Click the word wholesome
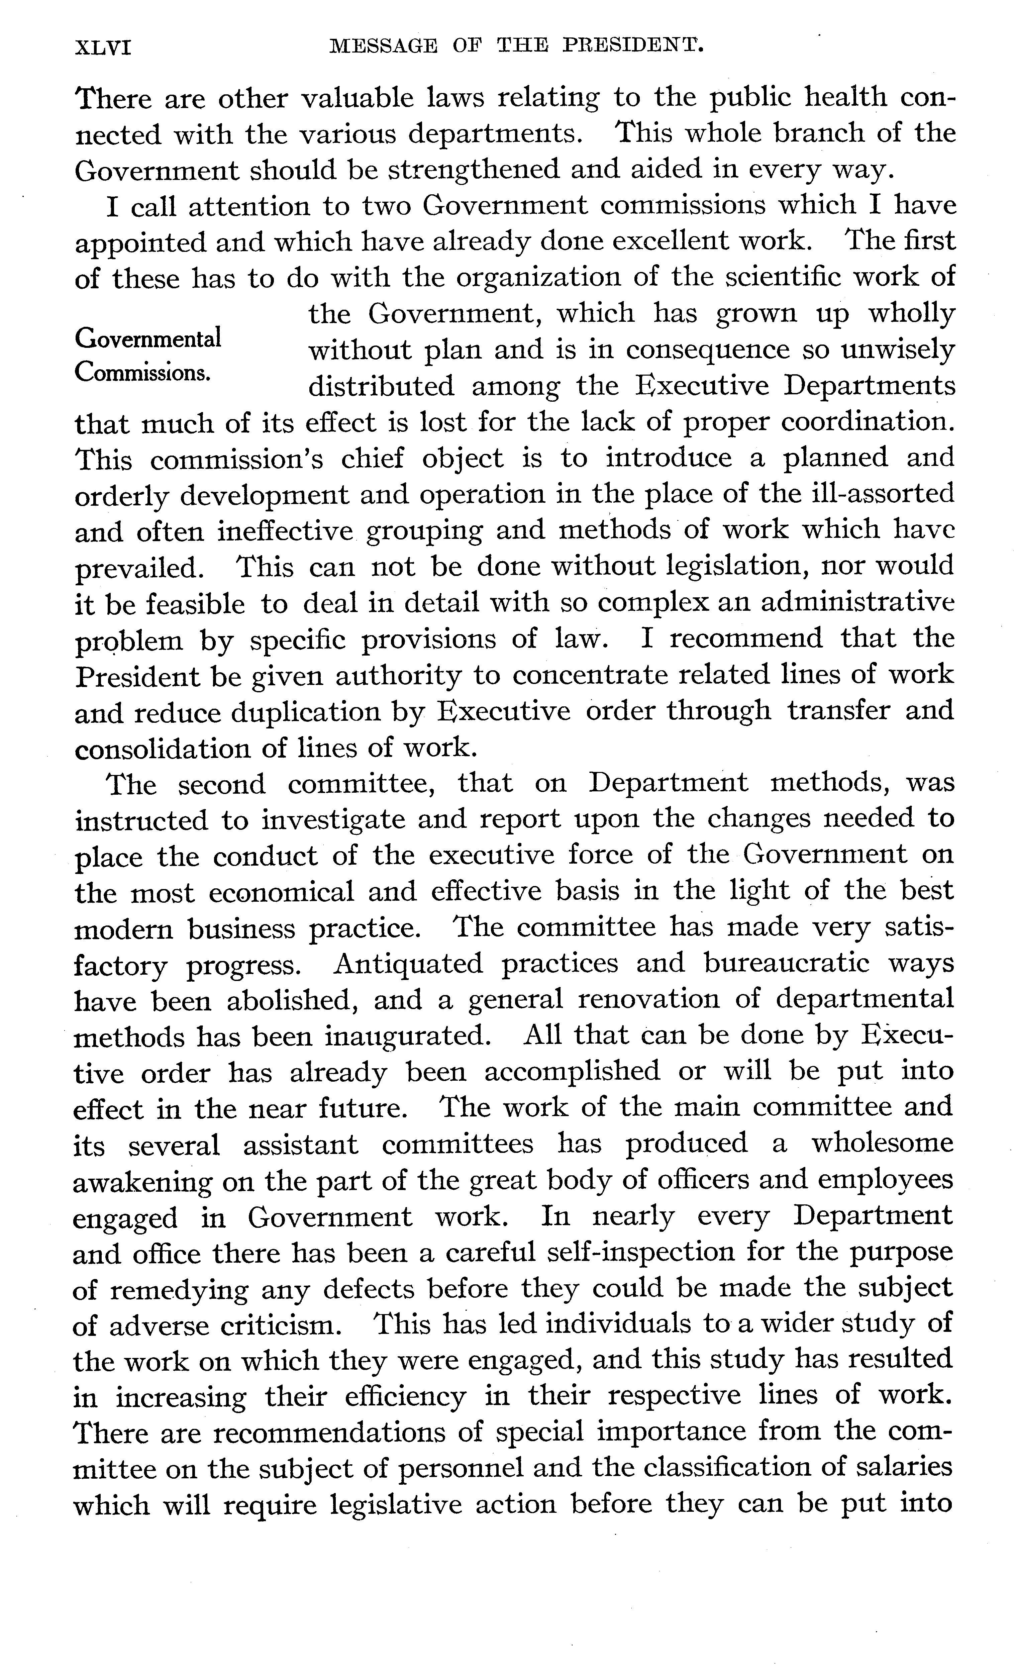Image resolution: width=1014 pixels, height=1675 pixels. coord(883,1144)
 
